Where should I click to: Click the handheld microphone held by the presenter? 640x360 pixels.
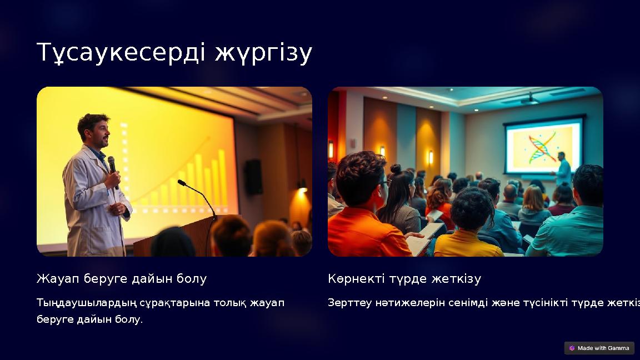[x=112, y=166]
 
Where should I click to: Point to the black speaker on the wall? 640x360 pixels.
[x=254, y=177]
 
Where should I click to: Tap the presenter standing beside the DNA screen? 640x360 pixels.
[x=562, y=169]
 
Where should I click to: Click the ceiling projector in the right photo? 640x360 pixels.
[x=529, y=100]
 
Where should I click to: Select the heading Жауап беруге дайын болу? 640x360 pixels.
[x=122, y=278]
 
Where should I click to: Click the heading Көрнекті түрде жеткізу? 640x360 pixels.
[x=404, y=278]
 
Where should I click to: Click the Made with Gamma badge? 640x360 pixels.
[x=599, y=348]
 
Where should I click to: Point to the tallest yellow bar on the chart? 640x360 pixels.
[x=222, y=178]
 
